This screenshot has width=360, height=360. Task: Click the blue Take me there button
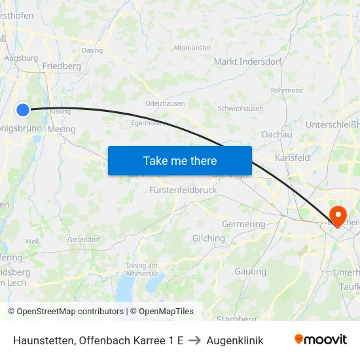pyautogui.click(x=180, y=160)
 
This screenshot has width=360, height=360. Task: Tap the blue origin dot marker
pyautogui.click(x=23, y=110)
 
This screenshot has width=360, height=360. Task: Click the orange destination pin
pyautogui.click(x=338, y=215)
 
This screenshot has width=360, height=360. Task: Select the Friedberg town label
pyautogui.click(x=62, y=66)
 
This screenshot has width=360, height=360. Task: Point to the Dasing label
pyautogui.click(x=92, y=50)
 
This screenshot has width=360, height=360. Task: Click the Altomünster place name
pyautogui.click(x=192, y=48)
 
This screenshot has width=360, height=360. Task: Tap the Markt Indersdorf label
pyautogui.click(x=247, y=62)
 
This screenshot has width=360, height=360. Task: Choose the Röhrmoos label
pyautogui.click(x=286, y=90)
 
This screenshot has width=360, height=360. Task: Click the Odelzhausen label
pyautogui.click(x=164, y=103)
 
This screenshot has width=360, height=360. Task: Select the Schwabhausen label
pyautogui.click(x=240, y=109)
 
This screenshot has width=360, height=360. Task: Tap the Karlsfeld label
pyautogui.click(x=293, y=158)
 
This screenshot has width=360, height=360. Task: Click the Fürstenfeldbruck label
pyautogui.click(x=183, y=190)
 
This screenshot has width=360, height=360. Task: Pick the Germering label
pyautogui.click(x=243, y=224)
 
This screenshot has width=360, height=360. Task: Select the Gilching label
pyautogui.click(x=208, y=238)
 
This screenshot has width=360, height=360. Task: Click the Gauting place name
pyautogui.click(x=250, y=271)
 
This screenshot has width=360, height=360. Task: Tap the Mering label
pyautogui.click(x=62, y=129)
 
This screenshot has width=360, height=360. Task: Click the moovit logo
pyautogui.click(x=321, y=339)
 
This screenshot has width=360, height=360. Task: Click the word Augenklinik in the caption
pyautogui.click(x=234, y=340)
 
